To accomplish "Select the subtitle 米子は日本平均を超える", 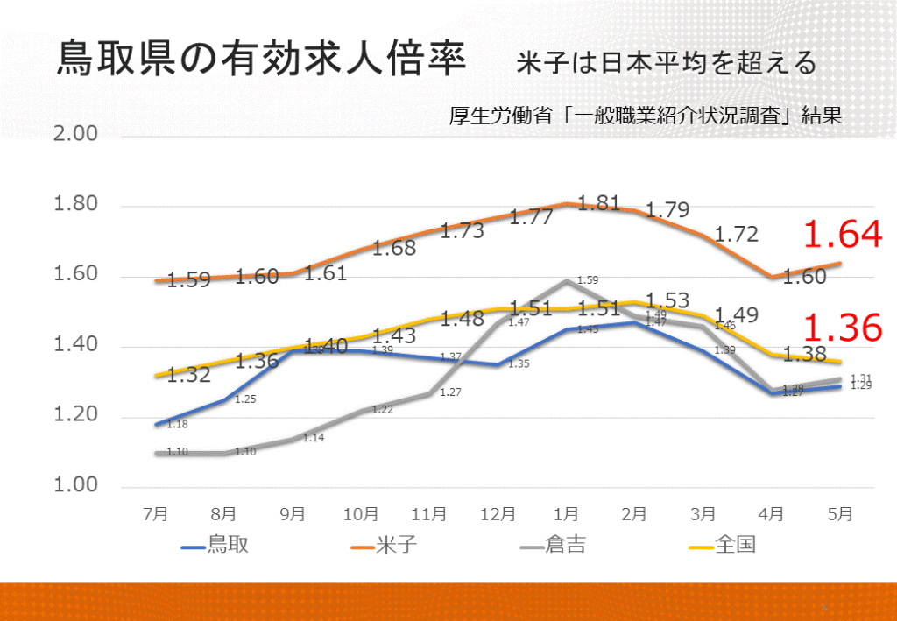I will click(666, 63).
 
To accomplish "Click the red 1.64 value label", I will click(842, 235).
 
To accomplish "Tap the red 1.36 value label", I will click(842, 328).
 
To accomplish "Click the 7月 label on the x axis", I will click(156, 514).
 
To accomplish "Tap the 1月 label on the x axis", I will click(567, 514).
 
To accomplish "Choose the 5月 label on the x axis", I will click(840, 514).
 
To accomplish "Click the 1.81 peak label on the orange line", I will click(600, 203).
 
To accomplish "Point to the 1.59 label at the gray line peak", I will click(588, 280).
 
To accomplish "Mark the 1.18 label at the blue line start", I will click(178, 425).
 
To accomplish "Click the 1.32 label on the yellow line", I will click(188, 376).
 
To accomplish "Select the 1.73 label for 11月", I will click(462, 231).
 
